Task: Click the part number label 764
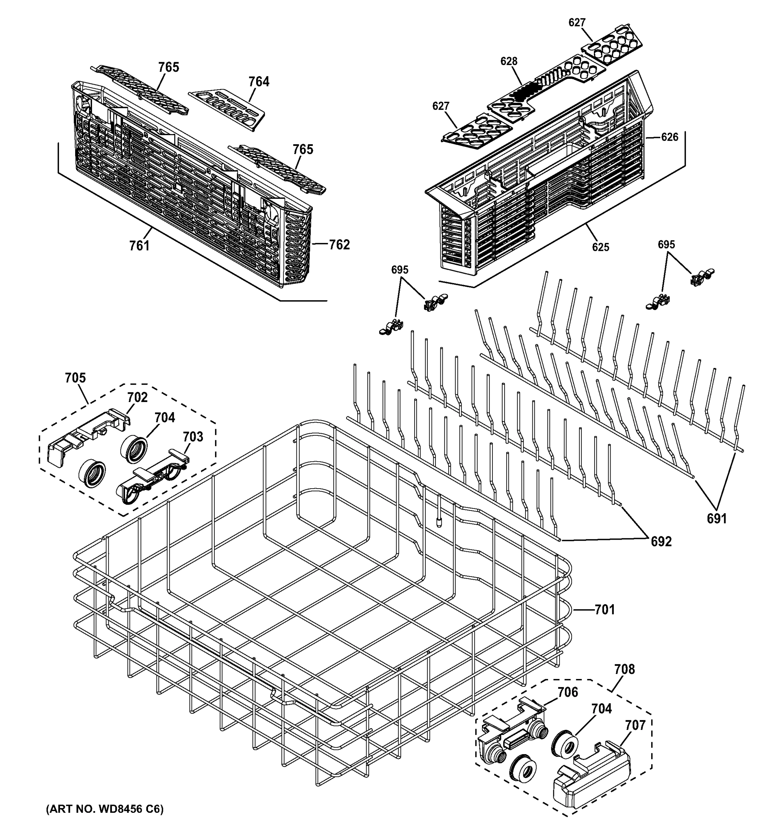coord(259,81)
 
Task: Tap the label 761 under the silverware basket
coord(139,245)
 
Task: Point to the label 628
coord(508,61)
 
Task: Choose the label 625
coord(600,247)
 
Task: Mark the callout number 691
coord(717,519)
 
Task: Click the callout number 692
coord(661,542)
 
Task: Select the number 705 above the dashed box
coord(75,378)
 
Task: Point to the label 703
coord(193,437)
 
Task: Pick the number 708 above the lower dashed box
coord(624,669)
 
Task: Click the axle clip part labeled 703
coord(151,478)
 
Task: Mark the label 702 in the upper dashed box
coord(137,397)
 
